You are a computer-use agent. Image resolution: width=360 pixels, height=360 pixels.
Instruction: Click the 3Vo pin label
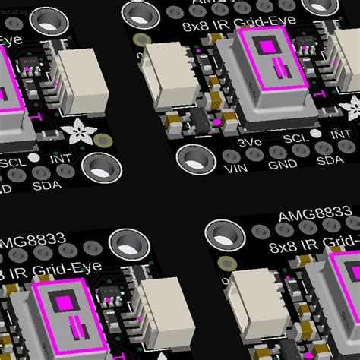(250, 142)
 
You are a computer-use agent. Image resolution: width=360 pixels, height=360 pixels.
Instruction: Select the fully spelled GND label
(283, 162)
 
